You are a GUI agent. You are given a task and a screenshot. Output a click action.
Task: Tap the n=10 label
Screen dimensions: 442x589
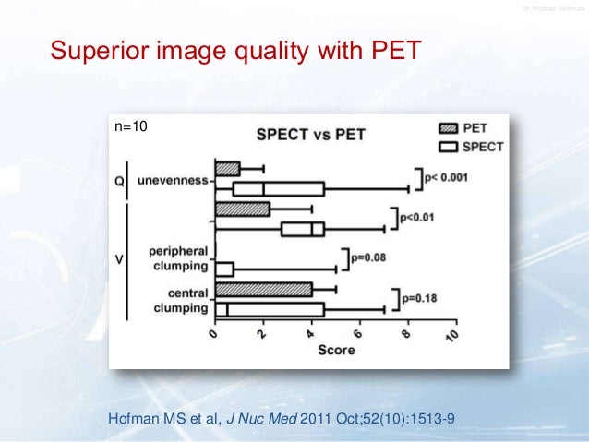(129, 123)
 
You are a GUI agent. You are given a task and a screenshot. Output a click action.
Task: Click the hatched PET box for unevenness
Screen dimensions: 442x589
(227, 169)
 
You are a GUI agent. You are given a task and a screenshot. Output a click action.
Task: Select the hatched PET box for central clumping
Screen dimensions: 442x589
(263, 290)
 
